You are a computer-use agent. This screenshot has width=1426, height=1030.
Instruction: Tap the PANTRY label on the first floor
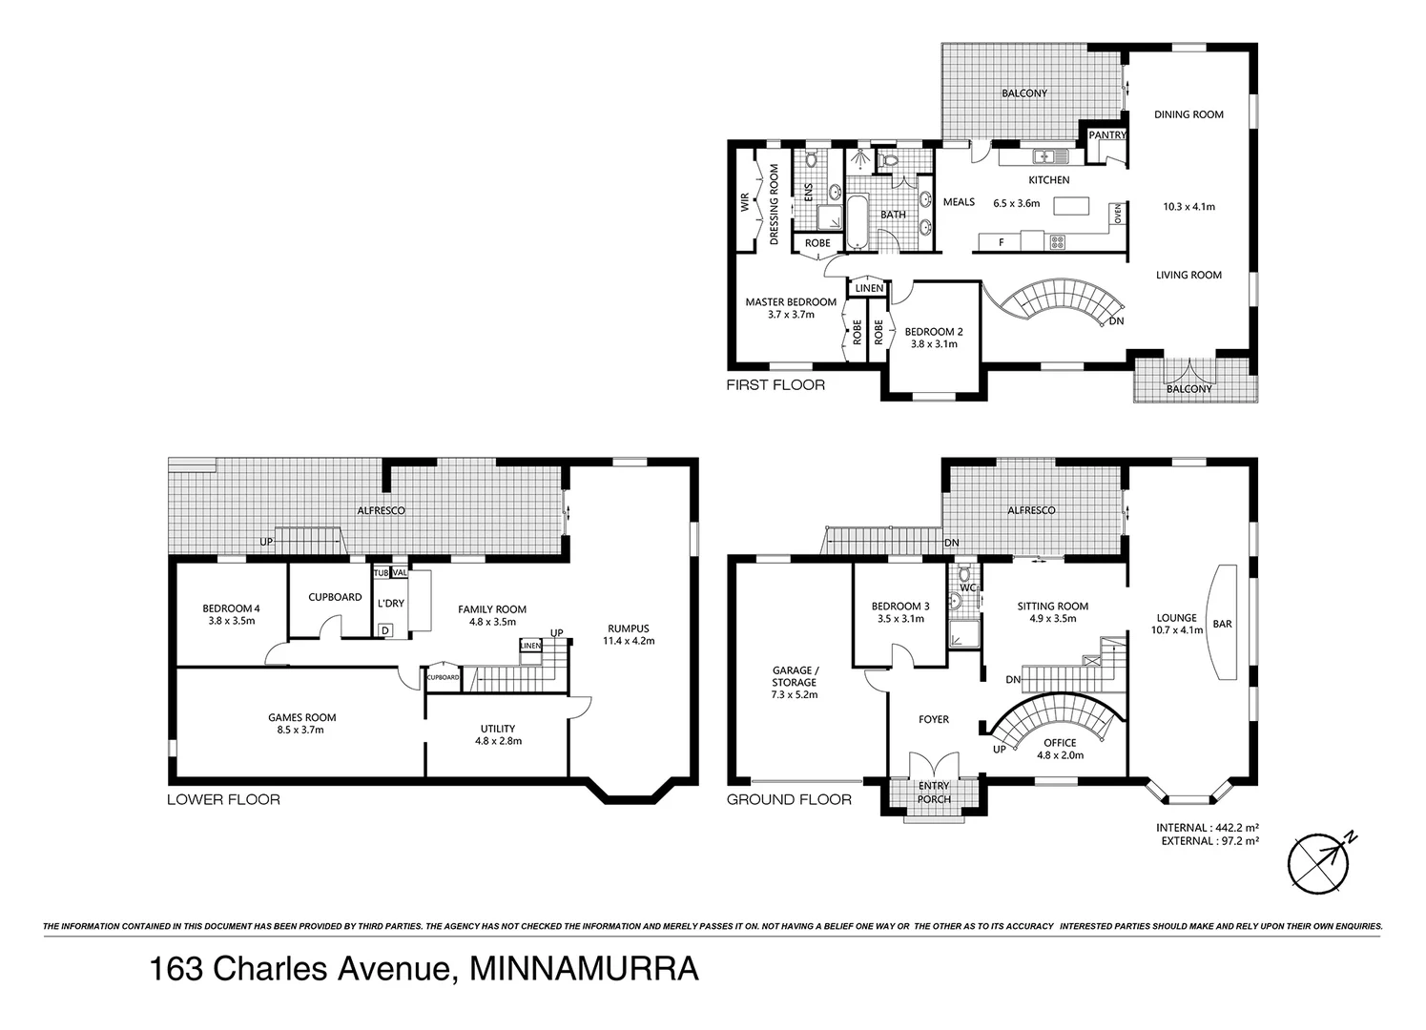pyautogui.click(x=1107, y=135)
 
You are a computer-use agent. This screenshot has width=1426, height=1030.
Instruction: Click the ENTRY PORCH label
pyautogui.click(x=934, y=793)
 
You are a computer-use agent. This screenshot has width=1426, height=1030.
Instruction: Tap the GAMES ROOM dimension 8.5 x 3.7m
pyautogui.click(x=302, y=731)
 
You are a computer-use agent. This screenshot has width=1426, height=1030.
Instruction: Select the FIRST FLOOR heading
pyautogui.click(x=775, y=385)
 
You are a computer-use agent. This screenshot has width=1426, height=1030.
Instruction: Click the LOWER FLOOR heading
pyautogui.click(x=223, y=799)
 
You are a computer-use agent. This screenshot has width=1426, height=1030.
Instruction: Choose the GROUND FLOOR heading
pyautogui.click(x=789, y=799)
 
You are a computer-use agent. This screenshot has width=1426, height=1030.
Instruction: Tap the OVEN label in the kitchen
pyautogui.click(x=1117, y=216)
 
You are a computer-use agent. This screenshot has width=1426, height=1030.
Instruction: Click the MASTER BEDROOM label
pyautogui.click(x=791, y=302)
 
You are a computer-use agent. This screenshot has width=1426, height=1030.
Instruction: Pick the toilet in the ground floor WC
pyautogui.click(x=965, y=575)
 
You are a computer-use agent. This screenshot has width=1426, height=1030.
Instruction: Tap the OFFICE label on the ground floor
pyautogui.click(x=1060, y=743)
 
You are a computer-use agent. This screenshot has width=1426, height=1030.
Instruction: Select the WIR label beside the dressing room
pyautogui.click(x=744, y=202)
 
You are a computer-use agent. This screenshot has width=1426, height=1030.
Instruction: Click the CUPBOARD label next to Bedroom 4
pyautogui.click(x=335, y=597)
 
